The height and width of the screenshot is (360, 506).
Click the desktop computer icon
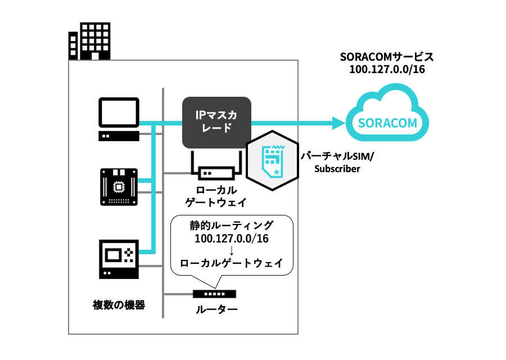tap(119, 119)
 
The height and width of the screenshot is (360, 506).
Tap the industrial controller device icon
tap(119, 258)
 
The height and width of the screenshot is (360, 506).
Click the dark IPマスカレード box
tap(216, 122)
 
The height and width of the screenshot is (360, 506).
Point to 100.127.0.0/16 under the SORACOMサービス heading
tap(388, 70)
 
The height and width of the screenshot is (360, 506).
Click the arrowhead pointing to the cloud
tap(337, 123)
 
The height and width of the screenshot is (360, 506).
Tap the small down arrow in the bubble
tap(232, 250)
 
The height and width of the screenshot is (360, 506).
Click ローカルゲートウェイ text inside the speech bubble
tap(232, 263)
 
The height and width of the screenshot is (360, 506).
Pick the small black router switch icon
tap(214, 294)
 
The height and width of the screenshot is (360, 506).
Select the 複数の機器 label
tap(119, 305)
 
